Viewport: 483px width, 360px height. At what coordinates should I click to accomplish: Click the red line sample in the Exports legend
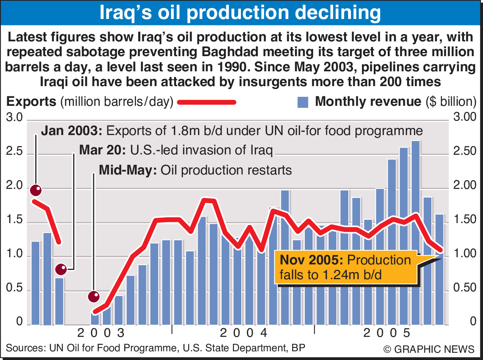tap(207, 102)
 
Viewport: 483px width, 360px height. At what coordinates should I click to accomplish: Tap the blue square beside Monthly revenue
tap(303, 102)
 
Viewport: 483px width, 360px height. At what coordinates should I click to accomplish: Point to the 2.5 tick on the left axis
tap(15, 153)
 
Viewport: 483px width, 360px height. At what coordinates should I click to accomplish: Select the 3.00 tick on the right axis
tap(465, 117)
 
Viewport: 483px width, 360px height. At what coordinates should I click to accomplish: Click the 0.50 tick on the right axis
tap(465, 288)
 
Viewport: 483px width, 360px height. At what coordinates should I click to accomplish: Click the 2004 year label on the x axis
tap(244, 333)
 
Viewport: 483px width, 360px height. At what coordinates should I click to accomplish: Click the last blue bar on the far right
tap(439, 288)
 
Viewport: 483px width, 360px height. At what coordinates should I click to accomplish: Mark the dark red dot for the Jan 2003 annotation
tap(36, 190)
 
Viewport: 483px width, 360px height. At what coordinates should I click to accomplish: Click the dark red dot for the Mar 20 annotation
tap(61, 270)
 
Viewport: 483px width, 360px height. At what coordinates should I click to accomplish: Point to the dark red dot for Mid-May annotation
tap(94, 296)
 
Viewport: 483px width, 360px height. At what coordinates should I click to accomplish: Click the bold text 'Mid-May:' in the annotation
tap(128, 170)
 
